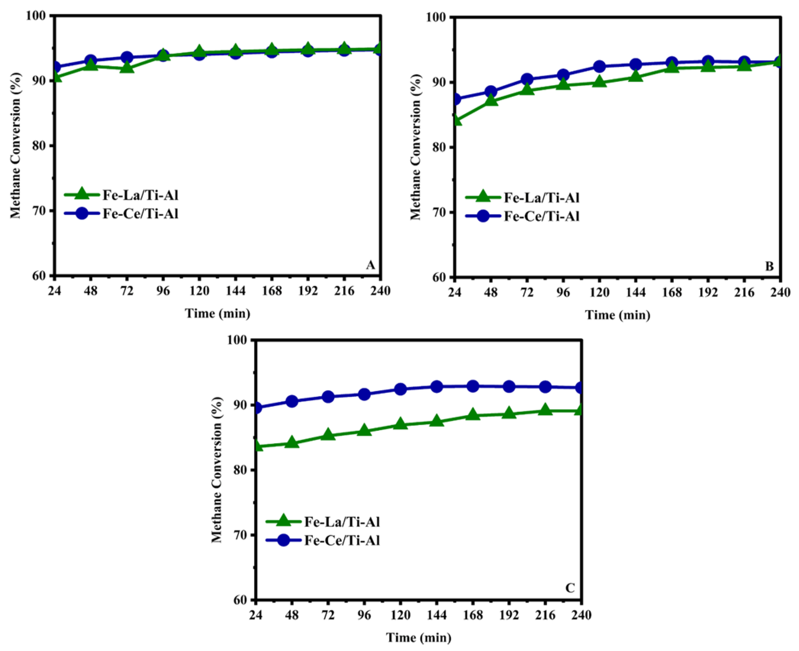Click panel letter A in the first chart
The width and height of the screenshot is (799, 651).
370,265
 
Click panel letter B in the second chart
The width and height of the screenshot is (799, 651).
769,266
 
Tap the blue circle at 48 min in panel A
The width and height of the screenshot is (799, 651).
90,60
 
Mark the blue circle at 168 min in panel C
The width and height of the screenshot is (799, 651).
473,386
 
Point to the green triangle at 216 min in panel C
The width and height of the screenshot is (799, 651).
545,410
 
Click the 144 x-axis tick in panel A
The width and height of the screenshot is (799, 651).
235,291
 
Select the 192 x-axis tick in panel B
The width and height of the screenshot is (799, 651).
708,293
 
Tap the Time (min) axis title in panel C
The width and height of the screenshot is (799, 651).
419,638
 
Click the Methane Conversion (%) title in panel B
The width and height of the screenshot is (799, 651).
415,147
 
